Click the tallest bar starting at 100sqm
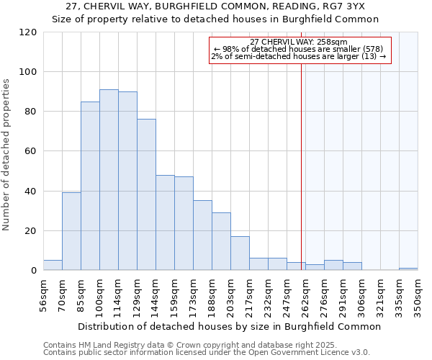(109, 180)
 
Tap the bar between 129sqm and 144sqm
(146, 194)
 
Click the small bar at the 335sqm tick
(408, 269)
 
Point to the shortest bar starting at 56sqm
(53, 265)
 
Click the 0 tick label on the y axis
(34, 271)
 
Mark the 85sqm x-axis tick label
(81, 294)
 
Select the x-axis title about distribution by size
(229, 326)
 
